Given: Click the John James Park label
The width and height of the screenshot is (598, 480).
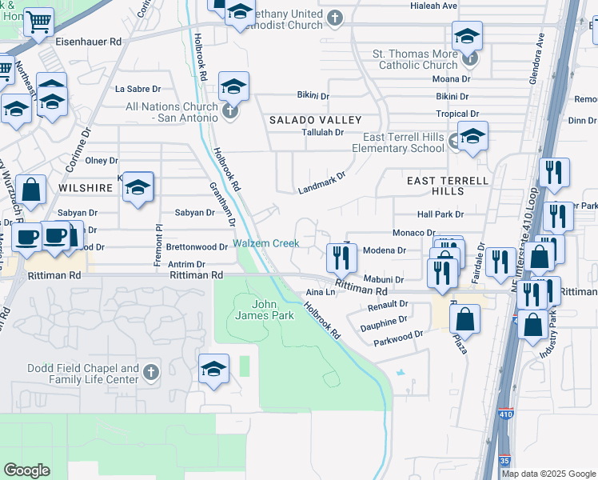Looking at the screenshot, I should point(273,310).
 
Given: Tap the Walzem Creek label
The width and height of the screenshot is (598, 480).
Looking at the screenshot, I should point(265,243).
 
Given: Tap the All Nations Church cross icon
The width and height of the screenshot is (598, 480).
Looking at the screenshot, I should point(230,111).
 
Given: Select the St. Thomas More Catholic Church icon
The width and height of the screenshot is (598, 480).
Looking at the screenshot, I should point(469,58).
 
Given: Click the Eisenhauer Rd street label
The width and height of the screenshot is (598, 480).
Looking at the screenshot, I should point(94,40).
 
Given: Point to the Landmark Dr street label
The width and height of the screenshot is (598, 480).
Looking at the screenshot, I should point(321,183).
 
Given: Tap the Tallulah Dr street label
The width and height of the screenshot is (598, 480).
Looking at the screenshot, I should point(322,132).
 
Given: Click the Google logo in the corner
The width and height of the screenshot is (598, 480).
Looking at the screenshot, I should point(27,470).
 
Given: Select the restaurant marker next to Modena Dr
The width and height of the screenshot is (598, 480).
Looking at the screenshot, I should point(341,257).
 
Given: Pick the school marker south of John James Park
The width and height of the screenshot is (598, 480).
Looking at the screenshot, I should point(213,369).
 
